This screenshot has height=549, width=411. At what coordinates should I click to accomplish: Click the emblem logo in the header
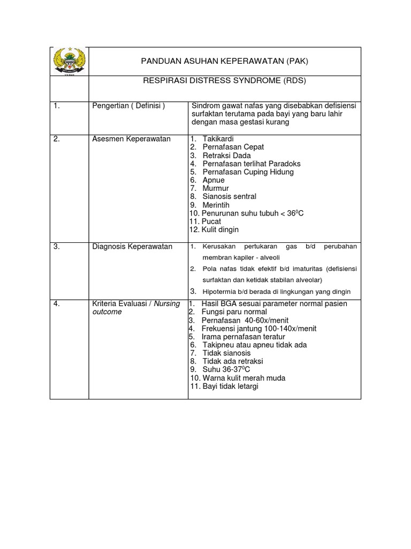point(68,62)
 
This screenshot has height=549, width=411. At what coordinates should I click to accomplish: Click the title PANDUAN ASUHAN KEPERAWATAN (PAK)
point(224,61)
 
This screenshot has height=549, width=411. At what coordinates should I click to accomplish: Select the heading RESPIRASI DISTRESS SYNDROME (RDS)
point(224,81)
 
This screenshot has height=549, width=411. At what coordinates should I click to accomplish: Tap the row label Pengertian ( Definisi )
point(128,106)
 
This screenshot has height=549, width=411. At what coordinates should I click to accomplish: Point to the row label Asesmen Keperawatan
point(131,139)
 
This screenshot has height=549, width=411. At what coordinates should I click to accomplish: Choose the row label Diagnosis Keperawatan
point(132,246)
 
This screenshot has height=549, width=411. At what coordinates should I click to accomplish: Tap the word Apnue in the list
point(214,180)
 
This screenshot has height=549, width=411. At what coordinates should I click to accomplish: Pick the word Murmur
point(216,188)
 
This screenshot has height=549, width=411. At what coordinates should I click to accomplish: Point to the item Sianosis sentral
point(229,197)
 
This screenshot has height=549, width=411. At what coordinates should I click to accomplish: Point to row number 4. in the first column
point(57,303)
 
